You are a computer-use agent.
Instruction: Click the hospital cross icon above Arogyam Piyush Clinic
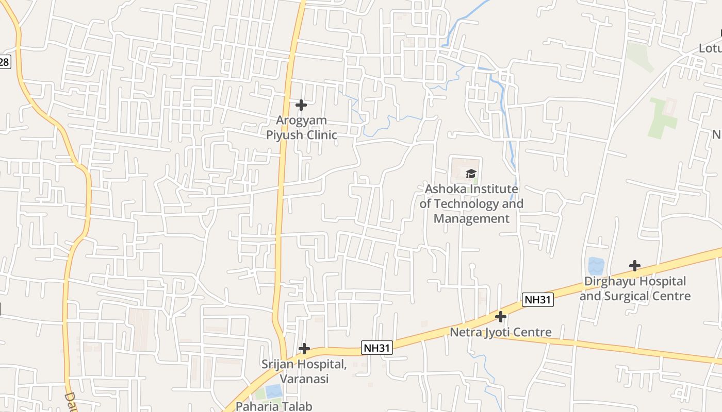click(x=301, y=106)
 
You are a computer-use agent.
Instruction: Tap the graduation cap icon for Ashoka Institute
click(x=471, y=174)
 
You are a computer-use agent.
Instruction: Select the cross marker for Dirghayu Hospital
click(x=635, y=266)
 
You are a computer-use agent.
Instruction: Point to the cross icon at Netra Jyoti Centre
click(x=500, y=317)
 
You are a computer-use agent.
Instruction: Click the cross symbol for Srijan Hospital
click(x=304, y=349)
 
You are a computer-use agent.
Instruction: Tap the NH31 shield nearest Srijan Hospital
click(x=376, y=348)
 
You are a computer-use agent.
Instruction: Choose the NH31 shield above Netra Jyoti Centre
click(x=537, y=300)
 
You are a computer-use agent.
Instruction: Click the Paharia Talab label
click(x=274, y=406)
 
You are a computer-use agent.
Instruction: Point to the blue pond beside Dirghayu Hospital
click(x=596, y=266)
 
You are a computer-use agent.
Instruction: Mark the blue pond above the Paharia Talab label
click(x=274, y=391)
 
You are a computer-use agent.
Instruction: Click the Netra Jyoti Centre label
click(x=501, y=332)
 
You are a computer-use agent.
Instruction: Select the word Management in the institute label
click(x=471, y=218)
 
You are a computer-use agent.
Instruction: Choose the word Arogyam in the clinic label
click(x=301, y=121)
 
